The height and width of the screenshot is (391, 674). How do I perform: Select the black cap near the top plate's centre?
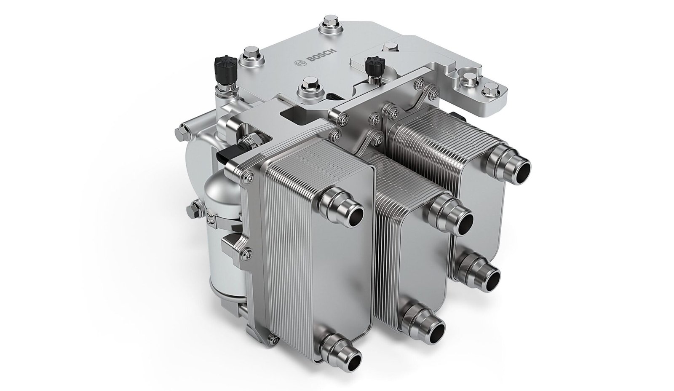[374, 66]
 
